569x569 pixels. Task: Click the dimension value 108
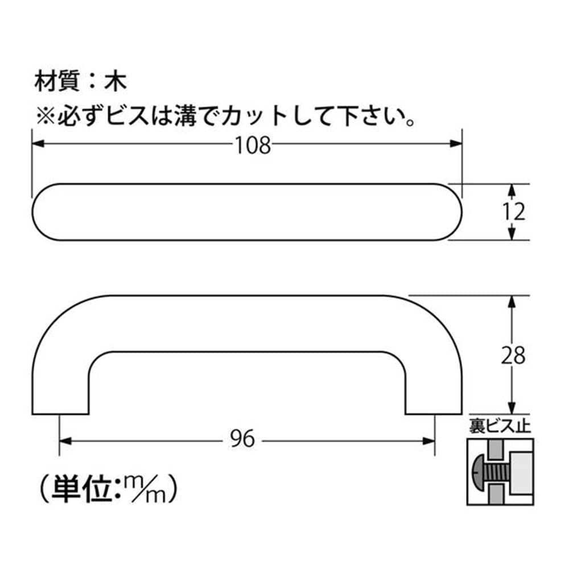tap(253, 145)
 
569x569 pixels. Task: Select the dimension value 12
tap(514, 212)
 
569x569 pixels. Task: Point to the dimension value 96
tap(242, 439)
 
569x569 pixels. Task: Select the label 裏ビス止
tap(500, 426)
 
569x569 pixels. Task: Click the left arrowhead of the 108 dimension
tap(38, 144)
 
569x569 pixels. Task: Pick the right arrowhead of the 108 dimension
tap(456, 144)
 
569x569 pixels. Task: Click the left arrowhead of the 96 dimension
tap(65, 442)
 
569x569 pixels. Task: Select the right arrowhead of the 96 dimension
tap(428, 442)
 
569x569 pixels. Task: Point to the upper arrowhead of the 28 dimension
tap(512, 302)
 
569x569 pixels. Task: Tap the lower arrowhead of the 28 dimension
tap(512, 408)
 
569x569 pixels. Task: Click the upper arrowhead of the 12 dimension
tap(512, 190)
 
